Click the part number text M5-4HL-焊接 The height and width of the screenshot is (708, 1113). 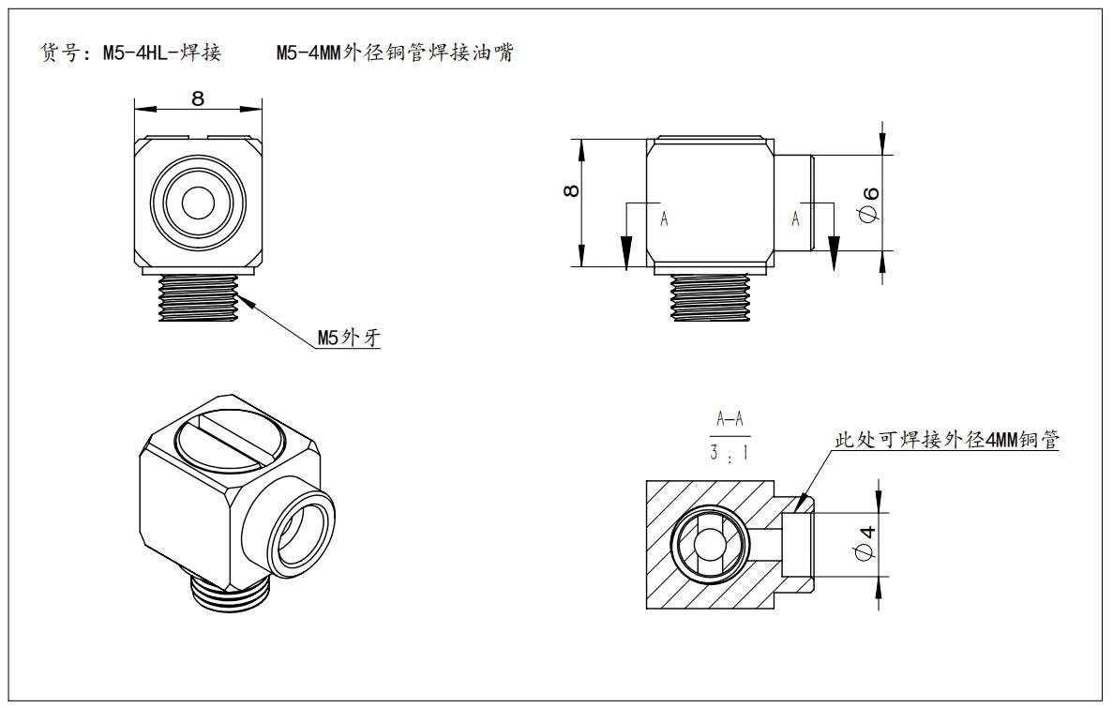[161, 53]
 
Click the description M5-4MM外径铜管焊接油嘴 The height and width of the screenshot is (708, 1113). [395, 53]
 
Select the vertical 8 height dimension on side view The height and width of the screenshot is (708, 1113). [571, 191]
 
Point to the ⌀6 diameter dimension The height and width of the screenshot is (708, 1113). [870, 203]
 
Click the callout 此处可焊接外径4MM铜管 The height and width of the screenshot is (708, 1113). [947, 439]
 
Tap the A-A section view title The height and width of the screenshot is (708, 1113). [729, 419]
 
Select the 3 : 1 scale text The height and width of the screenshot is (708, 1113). [729, 454]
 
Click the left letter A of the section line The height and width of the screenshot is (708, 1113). [664, 218]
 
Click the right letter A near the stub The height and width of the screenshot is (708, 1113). [796, 218]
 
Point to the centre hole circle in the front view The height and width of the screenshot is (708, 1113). [198, 202]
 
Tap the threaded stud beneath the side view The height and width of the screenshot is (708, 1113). [710, 298]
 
